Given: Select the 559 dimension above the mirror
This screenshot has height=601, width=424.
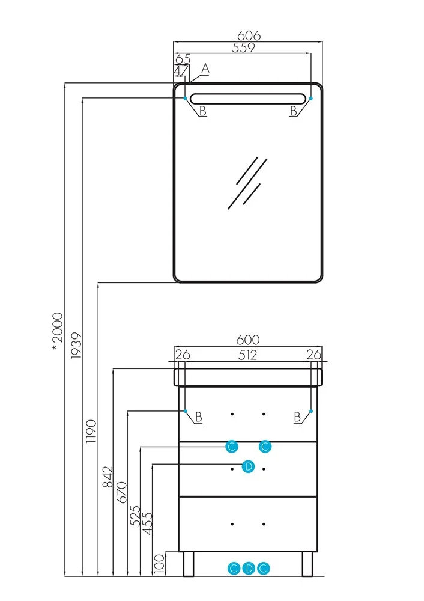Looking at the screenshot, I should pos(244,48).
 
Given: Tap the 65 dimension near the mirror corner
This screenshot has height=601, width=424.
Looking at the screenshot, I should pos(183,59).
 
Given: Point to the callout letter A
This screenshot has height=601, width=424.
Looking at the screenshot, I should pos(205,69).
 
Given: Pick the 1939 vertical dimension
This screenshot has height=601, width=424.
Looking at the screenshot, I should pos(75,346).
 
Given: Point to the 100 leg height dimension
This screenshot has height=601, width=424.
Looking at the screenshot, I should pos(159,563).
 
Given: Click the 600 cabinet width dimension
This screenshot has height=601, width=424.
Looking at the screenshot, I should pos(247,340).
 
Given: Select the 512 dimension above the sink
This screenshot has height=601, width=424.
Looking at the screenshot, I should pos(247,355).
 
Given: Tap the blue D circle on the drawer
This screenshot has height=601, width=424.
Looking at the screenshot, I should pos(248,466).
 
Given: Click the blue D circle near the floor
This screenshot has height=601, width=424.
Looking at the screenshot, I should pos(249,568).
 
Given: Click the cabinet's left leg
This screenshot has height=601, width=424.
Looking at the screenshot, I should pos(187,563).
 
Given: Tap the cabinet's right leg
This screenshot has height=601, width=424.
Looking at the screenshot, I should pos(307,563).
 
